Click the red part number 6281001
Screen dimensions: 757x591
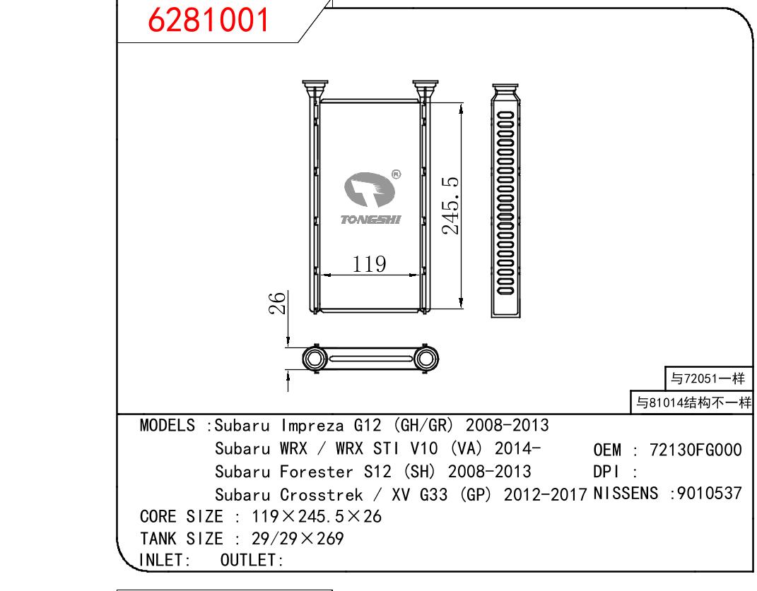click(208, 20)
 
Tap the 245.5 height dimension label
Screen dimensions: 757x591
click(450, 205)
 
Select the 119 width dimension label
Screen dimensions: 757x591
click(369, 264)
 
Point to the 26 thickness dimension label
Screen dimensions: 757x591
click(278, 303)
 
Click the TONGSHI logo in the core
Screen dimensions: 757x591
click(371, 197)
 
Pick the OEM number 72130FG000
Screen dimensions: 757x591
click(696, 450)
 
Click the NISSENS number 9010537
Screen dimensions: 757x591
click(709, 493)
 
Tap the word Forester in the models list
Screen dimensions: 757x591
click(317, 472)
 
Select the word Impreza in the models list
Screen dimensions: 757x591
click(312, 426)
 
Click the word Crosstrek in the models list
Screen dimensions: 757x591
click(322, 494)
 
